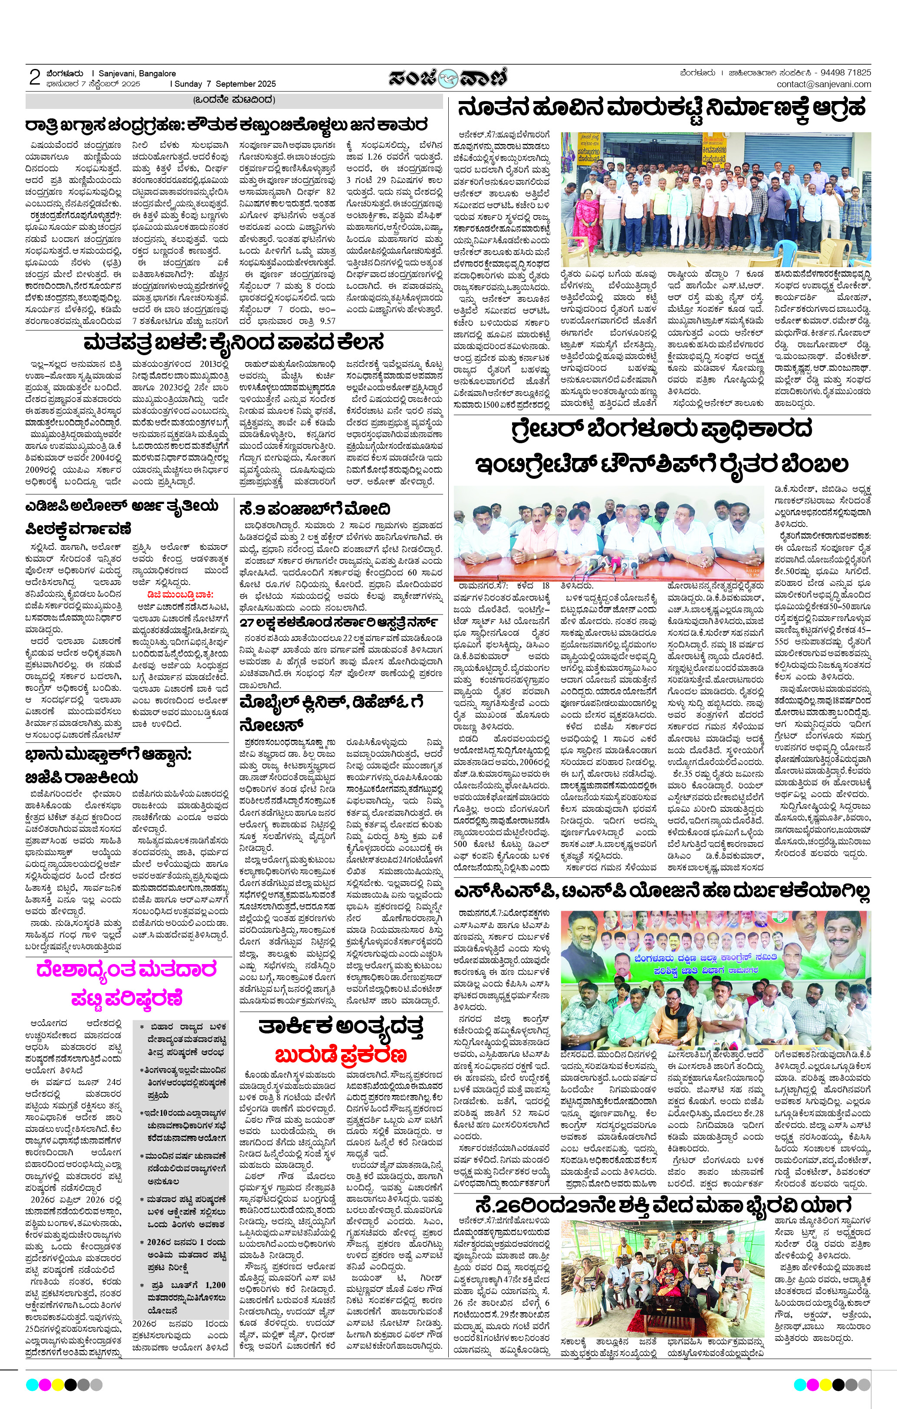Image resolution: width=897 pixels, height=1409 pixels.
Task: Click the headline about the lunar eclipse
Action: point(226,124)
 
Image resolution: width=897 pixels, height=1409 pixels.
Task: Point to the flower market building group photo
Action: point(716,199)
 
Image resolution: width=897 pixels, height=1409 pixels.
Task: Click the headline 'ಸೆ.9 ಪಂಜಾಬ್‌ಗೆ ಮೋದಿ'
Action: point(315,508)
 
